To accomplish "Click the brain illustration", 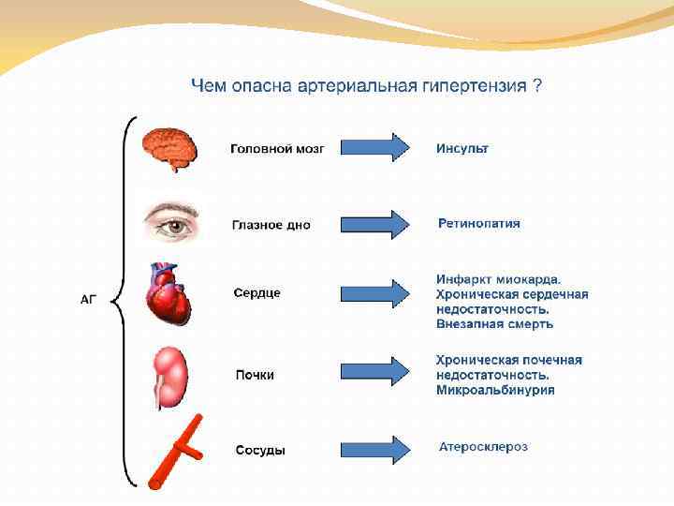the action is [169, 147].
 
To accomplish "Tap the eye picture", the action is [171, 225].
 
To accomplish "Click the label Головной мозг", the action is [278, 149].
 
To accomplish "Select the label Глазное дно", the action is [271, 225].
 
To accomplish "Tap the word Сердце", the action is [257, 293].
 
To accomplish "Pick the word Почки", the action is [255, 375].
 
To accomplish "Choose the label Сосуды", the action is [260, 451].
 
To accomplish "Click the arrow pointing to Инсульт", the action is [374, 147].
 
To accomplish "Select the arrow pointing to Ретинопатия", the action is [374, 224].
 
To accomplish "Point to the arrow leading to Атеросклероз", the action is [374, 449].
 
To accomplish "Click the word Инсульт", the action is [462, 148].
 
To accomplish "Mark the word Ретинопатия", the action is [479, 224].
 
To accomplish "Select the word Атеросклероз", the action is [483, 447].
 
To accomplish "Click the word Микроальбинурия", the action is [495, 390].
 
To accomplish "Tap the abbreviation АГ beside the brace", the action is [89, 300].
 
